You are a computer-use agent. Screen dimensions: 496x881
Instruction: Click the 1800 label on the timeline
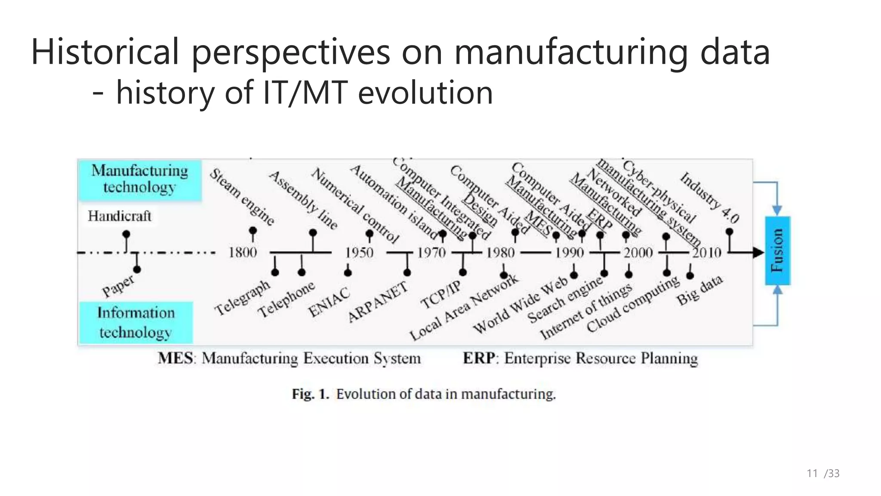point(243,252)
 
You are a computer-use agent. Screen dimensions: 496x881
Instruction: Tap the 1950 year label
point(359,252)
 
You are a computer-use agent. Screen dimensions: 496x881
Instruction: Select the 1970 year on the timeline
point(432,252)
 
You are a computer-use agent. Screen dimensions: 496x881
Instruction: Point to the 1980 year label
point(500,252)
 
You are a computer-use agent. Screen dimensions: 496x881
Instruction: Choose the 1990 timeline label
point(570,252)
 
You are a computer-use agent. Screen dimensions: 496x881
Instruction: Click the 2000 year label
point(638,252)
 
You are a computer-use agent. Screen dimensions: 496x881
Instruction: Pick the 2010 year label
point(707,252)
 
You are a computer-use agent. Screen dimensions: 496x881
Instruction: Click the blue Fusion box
point(777,251)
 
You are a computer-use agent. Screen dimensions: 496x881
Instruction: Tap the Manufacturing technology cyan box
point(140,180)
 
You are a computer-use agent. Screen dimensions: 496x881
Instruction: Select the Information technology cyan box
point(136,322)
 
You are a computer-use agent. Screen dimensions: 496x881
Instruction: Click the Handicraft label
point(120,216)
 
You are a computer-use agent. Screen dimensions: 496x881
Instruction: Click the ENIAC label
point(329,302)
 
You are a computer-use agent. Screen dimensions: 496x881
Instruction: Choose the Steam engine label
point(242,197)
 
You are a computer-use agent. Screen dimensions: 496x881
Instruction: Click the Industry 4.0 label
point(709,198)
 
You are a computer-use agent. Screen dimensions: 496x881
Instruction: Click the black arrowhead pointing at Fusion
point(758,253)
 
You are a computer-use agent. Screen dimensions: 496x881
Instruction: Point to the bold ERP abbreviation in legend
point(478,358)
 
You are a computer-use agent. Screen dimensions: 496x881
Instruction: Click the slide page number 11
point(812,474)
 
